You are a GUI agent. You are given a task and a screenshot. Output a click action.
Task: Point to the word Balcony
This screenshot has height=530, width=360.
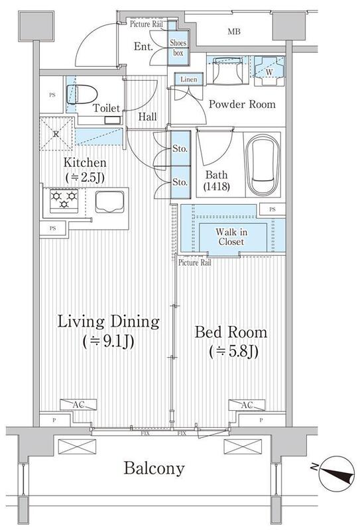pyautogui.click(x=154, y=468)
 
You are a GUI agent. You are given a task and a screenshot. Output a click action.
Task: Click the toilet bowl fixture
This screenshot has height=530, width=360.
pyautogui.click(x=82, y=94)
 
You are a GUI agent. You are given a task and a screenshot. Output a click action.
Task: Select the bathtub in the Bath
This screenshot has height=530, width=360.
pyautogui.click(x=263, y=164)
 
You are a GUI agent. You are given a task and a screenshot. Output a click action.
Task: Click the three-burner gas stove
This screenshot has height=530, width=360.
pyautogui.click(x=64, y=201)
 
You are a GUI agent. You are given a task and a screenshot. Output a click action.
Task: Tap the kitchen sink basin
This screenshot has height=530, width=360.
pyautogui.click(x=109, y=202)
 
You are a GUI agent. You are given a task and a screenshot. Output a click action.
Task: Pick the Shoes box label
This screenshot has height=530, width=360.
pyautogui.click(x=178, y=48)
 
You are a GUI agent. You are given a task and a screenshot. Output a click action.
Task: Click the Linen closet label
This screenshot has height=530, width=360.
pyautogui.click(x=188, y=79)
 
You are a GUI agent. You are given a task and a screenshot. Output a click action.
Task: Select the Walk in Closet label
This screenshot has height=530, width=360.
pyautogui.click(x=231, y=237)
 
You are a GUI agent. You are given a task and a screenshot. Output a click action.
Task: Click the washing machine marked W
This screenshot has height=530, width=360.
pyautogui.click(x=269, y=72)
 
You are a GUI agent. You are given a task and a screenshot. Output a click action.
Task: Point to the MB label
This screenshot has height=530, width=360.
pyautogui.click(x=234, y=32)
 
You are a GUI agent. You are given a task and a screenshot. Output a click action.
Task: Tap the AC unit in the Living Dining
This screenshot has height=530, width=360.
pyautogui.click(x=78, y=405)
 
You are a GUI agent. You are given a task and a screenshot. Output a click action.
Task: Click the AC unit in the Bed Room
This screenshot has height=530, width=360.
pyautogui.click(x=247, y=405)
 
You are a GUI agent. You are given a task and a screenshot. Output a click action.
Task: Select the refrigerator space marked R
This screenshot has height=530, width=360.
pyautogui.click(x=56, y=134)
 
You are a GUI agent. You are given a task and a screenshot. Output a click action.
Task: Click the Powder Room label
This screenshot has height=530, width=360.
pyautogui.click(x=242, y=104)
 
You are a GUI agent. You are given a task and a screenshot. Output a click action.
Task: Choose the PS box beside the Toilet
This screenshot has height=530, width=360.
pyautogui.click(x=52, y=95)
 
